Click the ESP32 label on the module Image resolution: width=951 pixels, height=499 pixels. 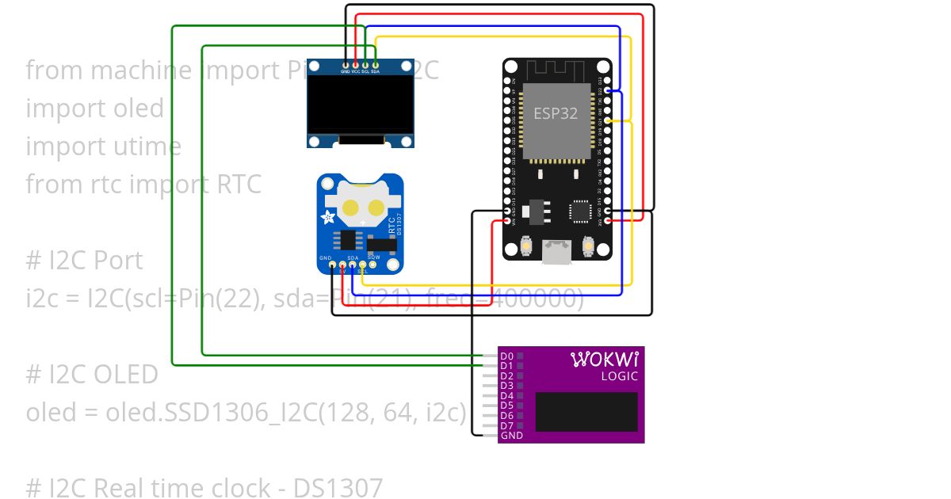[555, 113]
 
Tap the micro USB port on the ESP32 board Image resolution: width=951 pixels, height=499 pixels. [557, 252]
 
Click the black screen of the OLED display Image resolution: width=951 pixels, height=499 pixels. [361, 105]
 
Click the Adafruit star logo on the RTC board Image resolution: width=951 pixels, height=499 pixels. [328, 217]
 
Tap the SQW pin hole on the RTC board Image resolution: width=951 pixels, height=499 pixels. [373, 265]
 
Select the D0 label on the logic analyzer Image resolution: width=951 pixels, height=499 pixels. [507, 356]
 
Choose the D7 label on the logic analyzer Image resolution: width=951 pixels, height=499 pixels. [507, 426]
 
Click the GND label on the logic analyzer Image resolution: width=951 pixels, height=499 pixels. [511, 436]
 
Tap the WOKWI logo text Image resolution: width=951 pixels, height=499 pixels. [605, 360]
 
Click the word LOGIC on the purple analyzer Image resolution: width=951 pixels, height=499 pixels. [620, 376]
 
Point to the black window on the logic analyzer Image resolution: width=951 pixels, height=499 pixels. [586, 411]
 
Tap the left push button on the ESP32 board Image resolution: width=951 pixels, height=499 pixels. [526, 248]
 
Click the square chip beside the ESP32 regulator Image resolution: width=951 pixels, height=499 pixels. [580, 211]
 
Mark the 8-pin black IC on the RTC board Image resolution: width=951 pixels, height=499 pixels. [349, 239]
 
